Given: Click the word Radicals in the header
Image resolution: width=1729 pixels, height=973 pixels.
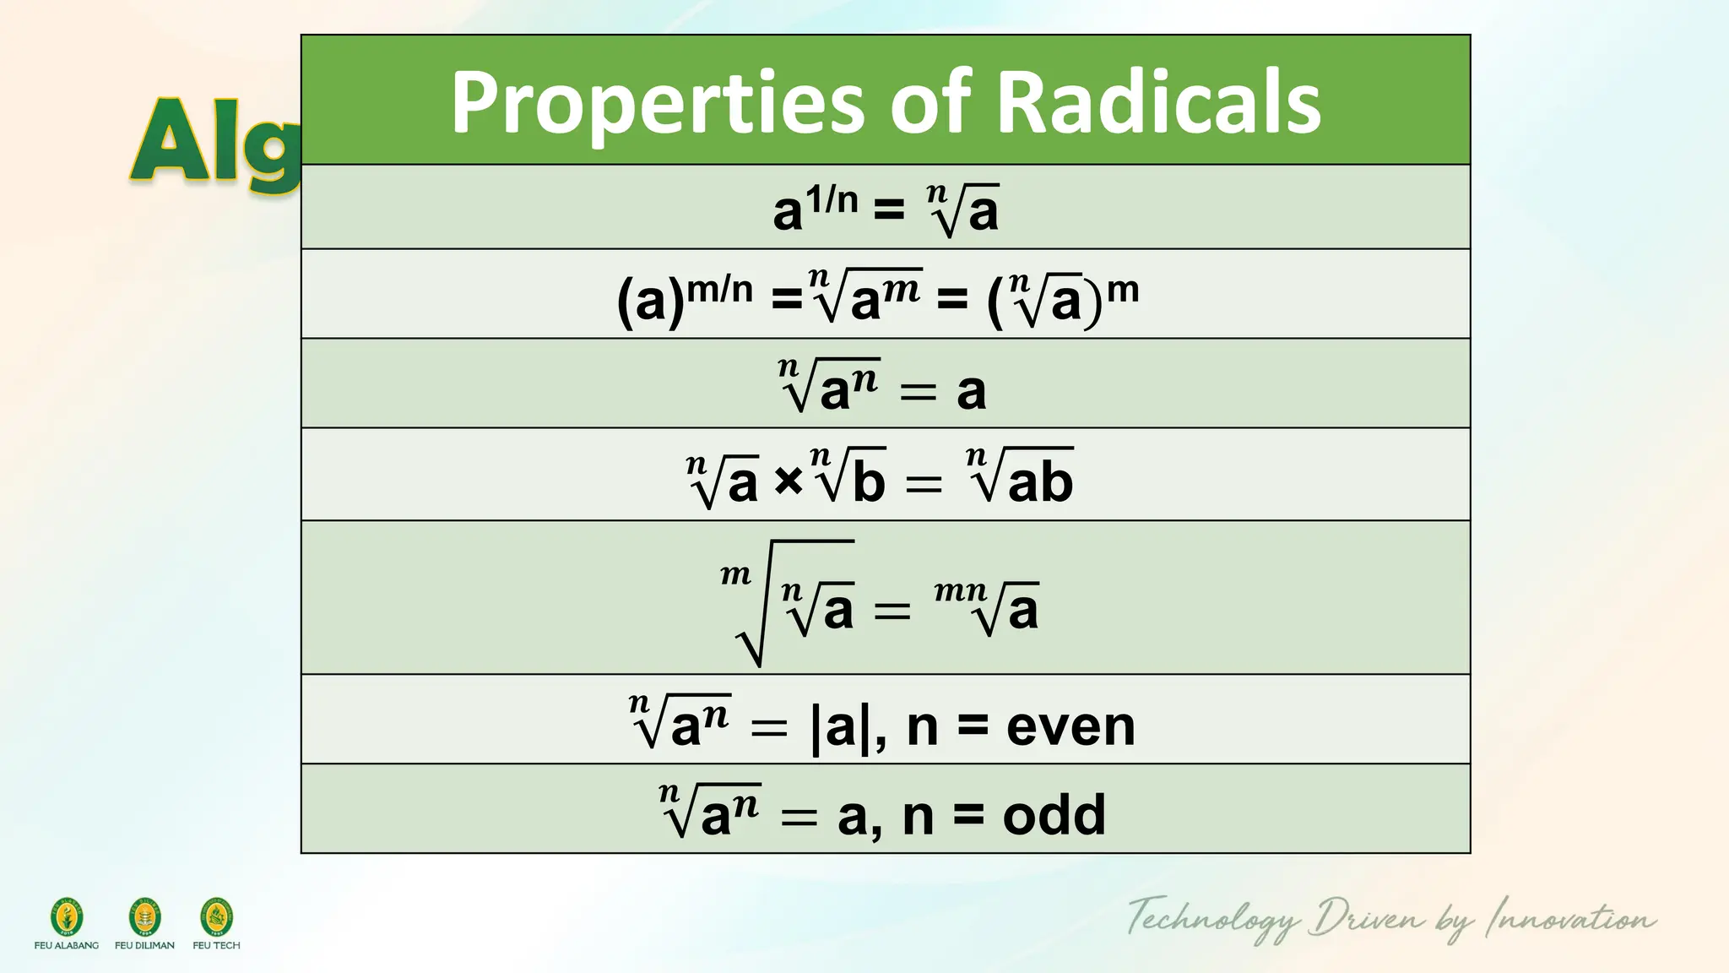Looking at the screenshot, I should (x=1158, y=103).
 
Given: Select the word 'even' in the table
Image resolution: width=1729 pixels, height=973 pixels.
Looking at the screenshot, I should (x=1070, y=726).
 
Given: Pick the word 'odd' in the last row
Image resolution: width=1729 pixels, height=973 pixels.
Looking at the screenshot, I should (x=1054, y=816).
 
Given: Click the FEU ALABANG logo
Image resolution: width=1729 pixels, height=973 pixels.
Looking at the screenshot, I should (x=67, y=917).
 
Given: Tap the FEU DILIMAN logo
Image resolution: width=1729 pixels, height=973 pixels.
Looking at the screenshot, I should (x=144, y=917).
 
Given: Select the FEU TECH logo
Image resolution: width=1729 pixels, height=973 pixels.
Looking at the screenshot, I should (x=216, y=917).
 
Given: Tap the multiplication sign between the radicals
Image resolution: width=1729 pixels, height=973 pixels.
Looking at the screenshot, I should (x=788, y=481).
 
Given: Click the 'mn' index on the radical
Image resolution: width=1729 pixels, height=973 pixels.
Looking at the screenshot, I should (x=960, y=590).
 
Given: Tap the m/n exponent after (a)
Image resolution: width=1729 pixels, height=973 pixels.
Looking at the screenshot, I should (x=719, y=290).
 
